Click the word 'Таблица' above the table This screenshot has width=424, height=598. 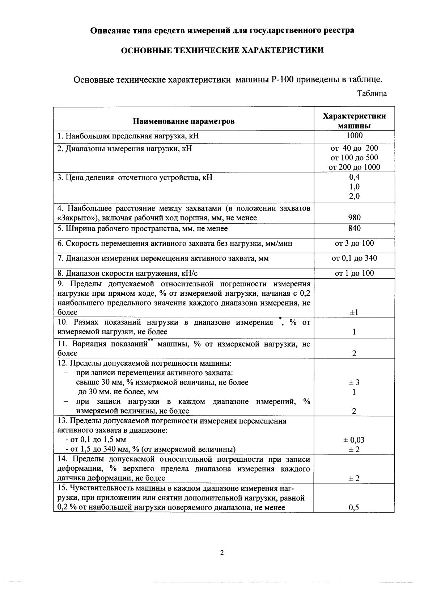point(372,94)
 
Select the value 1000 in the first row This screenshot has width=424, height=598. point(354,136)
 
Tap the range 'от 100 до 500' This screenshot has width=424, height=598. point(354,158)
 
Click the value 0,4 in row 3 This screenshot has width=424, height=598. point(354,177)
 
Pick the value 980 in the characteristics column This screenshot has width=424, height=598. point(354,217)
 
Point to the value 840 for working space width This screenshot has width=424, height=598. point(354,228)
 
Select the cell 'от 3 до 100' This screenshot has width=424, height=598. point(354,243)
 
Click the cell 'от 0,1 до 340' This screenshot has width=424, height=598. point(354,258)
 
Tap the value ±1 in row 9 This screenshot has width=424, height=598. point(354,312)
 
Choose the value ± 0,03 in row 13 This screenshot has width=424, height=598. point(354,440)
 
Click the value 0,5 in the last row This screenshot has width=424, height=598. point(354,507)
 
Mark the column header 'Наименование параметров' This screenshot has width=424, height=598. point(183,121)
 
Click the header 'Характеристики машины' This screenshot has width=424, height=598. point(354,121)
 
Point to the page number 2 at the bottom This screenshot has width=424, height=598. point(222,553)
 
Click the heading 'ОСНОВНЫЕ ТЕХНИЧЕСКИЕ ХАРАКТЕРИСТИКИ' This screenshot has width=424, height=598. point(222,50)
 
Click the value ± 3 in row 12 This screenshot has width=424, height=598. point(354,382)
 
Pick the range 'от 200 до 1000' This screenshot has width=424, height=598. point(354,167)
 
